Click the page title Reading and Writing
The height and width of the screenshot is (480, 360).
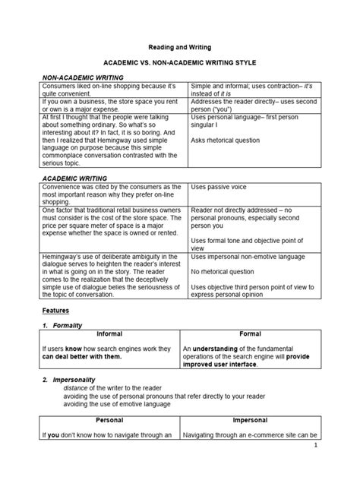coord(179,46)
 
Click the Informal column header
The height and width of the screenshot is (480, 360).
coord(109,334)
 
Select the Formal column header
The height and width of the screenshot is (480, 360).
coord(251,334)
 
